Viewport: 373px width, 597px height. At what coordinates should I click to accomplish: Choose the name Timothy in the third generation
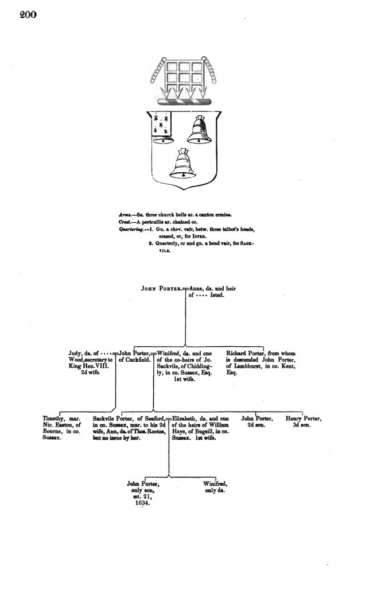(56, 420)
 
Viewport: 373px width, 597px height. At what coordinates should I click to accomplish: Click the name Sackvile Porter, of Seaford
(112, 420)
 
